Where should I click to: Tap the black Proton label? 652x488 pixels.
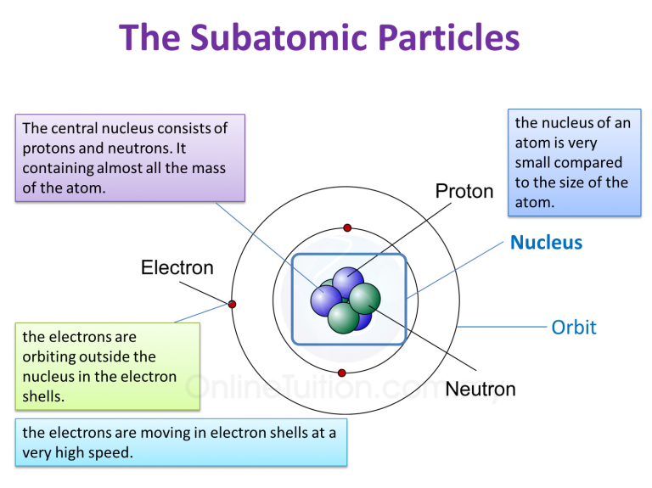[464, 191]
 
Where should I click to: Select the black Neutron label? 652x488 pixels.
[481, 390]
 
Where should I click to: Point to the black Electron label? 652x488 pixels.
[177, 268]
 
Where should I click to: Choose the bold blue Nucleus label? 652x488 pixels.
[546, 243]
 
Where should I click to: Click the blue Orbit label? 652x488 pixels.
[574, 327]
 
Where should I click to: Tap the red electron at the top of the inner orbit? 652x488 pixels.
[346, 227]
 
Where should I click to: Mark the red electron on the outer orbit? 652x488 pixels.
[232, 304]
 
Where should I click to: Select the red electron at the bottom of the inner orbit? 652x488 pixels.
[341, 373]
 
